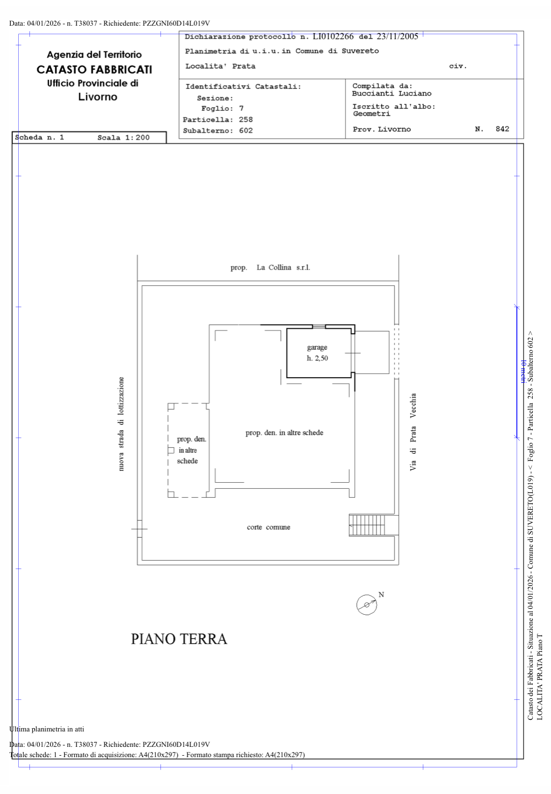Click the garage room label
pos(317,352)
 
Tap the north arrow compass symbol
pos(366,604)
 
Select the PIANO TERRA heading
pos(179,639)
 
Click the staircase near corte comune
pos(366,525)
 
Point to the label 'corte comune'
pos(268,527)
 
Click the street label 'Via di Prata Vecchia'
pos(413,432)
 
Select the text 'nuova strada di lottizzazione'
pos(121,423)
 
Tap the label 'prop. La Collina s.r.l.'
pos(270,267)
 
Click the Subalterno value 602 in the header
pos(245,130)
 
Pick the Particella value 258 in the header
pos(245,119)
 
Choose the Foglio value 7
pos(241,108)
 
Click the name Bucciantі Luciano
pos(391,93)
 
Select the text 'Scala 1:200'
pos(123,138)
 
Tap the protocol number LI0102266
pos(333,36)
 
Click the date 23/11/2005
pos(397,36)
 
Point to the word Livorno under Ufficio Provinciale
pos(98,97)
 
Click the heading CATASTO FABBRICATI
pos(94,70)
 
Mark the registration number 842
pos(502,129)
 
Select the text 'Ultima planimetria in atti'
pos(46,729)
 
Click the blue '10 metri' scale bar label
pos(523,372)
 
